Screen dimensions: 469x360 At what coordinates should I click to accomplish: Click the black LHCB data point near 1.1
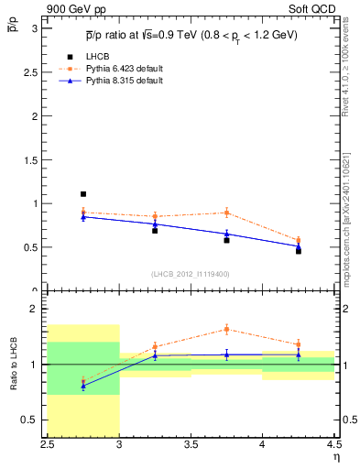(x=83, y=194)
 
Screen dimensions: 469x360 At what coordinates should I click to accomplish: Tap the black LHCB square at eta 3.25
(x=155, y=231)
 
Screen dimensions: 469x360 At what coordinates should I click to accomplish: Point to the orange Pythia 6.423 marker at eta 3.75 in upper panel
(x=226, y=213)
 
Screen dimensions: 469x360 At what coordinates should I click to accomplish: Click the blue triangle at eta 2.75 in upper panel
(x=83, y=216)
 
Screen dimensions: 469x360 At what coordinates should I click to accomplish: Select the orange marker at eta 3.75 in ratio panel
(x=226, y=329)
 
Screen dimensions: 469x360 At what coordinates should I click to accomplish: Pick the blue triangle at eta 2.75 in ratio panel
(x=83, y=386)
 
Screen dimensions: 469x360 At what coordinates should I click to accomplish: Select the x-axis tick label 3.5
(x=191, y=444)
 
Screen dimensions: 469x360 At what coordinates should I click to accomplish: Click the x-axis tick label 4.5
(x=333, y=444)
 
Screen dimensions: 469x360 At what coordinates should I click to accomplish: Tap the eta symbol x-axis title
(x=336, y=456)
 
